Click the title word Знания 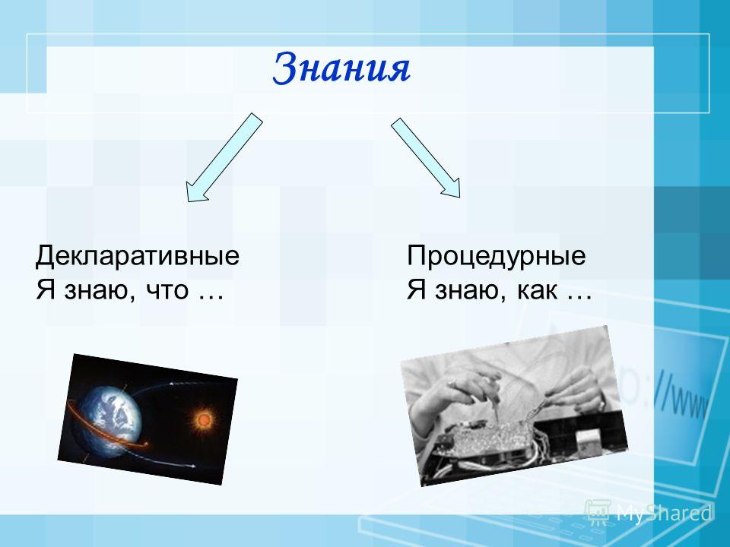point(341,68)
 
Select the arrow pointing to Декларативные point(224,157)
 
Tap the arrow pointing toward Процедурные point(426,157)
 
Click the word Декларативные point(138,256)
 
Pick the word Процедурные point(497,256)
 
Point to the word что point(167,291)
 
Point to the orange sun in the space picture point(204,420)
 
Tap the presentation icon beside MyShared point(598,512)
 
